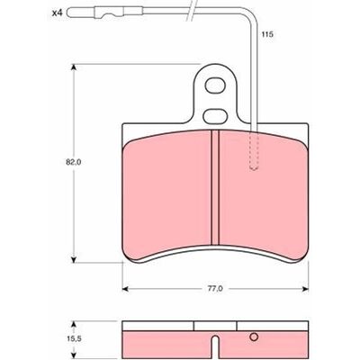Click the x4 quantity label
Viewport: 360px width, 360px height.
coord(57,13)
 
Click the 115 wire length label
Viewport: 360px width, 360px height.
coord(267,34)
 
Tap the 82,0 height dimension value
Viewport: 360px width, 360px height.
coord(73,162)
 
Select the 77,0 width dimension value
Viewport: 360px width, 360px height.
coord(215,289)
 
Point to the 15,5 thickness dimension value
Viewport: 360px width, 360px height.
coord(73,339)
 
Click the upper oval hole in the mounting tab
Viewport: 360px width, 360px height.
coord(215,85)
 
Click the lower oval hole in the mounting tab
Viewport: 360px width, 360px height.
coord(214,116)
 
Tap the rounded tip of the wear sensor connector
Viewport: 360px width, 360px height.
coord(69,13)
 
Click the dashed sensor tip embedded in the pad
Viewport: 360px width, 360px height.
coord(254,150)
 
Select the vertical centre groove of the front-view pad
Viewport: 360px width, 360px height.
coord(215,187)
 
